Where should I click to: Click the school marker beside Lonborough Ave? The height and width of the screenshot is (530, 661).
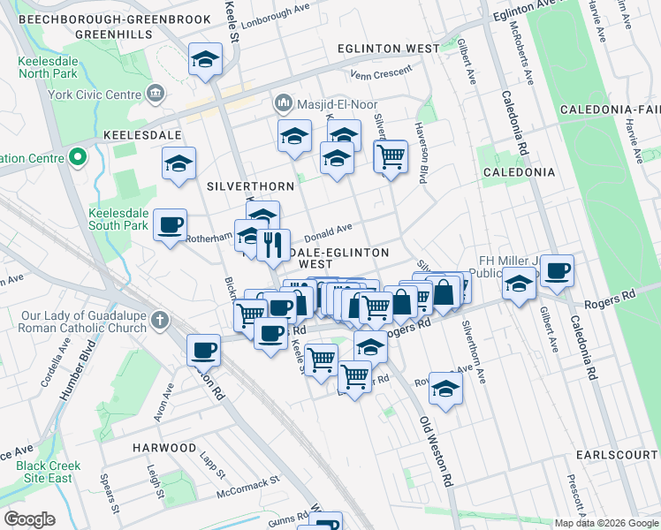pos(206,60)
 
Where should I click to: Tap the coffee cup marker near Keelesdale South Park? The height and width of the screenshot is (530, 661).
pos(171,224)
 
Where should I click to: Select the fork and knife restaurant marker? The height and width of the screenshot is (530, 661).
pos(274,243)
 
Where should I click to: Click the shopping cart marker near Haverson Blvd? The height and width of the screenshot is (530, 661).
pos(391,156)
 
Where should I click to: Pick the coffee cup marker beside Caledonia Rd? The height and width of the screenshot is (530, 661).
pos(557,270)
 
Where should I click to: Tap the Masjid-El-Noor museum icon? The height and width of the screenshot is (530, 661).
pos(284,103)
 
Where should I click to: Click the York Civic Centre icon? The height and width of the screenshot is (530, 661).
pos(156,92)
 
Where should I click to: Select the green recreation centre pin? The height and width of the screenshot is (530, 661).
pos(77,158)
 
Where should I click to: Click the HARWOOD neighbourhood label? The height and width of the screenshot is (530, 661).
pos(164,448)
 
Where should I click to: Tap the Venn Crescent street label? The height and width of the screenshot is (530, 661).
pos(382,74)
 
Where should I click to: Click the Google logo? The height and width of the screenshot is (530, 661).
pos(29,519)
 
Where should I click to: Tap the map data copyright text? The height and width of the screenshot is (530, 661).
pos(606,523)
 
